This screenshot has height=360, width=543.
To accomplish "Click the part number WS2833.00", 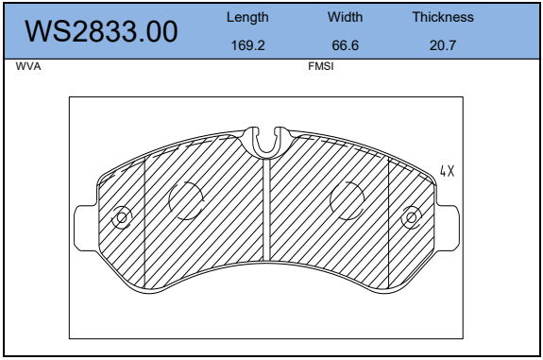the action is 101,31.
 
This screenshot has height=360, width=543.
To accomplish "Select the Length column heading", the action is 247,17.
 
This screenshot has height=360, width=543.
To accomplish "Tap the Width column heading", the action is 346,17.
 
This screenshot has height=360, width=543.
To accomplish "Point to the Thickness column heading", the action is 443,17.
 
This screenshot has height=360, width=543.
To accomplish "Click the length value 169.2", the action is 247,45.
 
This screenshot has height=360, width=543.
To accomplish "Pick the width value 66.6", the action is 346,45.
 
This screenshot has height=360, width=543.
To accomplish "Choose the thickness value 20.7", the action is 443,45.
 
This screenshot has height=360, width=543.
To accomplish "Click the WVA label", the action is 28,66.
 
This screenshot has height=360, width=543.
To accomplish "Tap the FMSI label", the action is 321,66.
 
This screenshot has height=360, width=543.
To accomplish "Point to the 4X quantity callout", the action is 447,171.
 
